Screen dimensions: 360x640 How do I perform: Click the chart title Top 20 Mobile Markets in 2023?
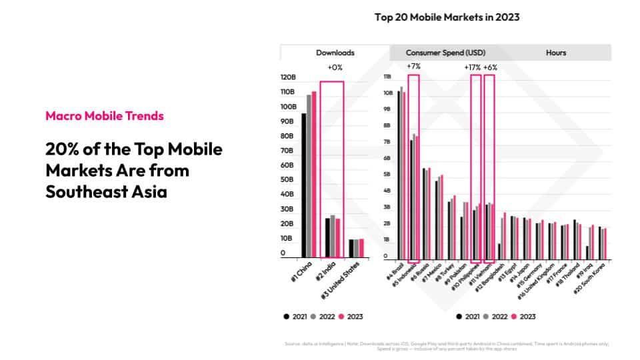click(x=447, y=17)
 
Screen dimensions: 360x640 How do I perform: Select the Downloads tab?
click(x=335, y=53)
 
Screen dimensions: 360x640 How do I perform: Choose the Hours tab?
click(x=555, y=53)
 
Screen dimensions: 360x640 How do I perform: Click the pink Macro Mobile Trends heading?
click(x=105, y=116)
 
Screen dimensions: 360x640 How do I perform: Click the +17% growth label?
click(x=472, y=67)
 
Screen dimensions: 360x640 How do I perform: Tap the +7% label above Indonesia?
click(x=413, y=67)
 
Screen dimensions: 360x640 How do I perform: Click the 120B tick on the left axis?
click(x=287, y=77)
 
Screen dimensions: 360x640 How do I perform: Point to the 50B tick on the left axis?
click(x=288, y=180)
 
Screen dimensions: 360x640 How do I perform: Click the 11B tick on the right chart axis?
click(x=387, y=77)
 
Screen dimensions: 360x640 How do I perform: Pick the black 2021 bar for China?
click(x=304, y=185)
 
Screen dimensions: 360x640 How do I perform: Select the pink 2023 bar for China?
click(x=314, y=174)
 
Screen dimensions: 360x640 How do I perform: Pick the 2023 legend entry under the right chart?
click(x=524, y=317)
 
